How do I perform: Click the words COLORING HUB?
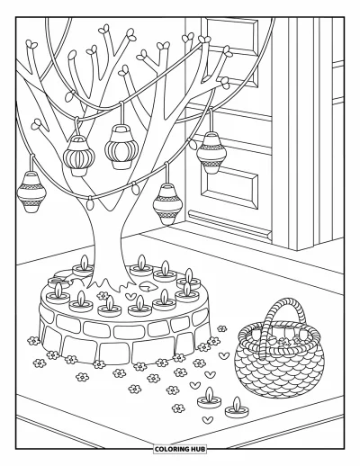(180, 449)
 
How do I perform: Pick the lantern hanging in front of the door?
(211, 153)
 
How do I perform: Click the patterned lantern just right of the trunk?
(167, 204)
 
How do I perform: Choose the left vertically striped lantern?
(79, 156)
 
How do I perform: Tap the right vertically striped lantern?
(121, 147)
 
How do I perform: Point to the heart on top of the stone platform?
(130, 297)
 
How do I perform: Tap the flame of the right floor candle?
(238, 402)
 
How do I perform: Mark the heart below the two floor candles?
(207, 419)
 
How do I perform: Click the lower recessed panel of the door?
(230, 184)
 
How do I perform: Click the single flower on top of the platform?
(103, 295)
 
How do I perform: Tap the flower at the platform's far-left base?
(33, 340)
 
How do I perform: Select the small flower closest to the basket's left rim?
(222, 328)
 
